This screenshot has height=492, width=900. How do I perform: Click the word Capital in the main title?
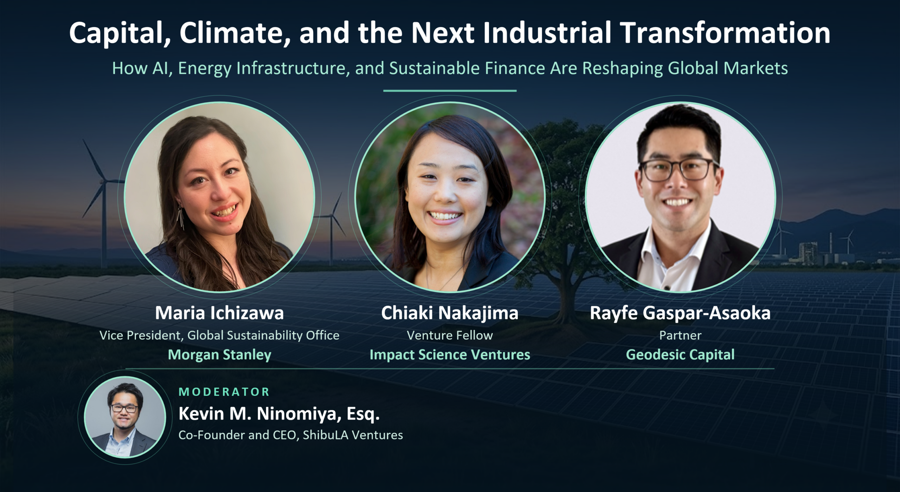click(x=120, y=33)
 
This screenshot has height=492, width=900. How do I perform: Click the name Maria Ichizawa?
click(x=219, y=313)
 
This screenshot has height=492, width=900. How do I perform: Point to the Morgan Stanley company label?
click(x=219, y=355)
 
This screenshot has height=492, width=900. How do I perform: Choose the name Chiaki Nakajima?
click(x=450, y=313)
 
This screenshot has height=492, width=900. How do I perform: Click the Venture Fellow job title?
click(x=450, y=335)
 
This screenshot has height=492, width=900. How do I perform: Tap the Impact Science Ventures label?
click(x=450, y=355)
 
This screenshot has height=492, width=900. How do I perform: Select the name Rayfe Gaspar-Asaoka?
click(x=680, y=313)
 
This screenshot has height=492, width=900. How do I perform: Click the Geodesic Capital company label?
click(x=680, y=355)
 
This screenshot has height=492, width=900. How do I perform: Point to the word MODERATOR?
click(x=224, y=392)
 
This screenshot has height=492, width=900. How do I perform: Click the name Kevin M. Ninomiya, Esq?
click(x=279, y=414)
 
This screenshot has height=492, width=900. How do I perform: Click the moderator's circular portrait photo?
click(x=125, y=417)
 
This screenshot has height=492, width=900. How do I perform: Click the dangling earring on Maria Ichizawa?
click(x=181, y=218)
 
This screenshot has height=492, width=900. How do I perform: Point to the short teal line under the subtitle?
click(x=450, y=91)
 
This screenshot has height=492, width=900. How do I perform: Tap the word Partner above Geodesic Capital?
click(x=680, y=335)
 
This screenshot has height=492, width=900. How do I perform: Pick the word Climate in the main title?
click(x=235, y=33)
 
